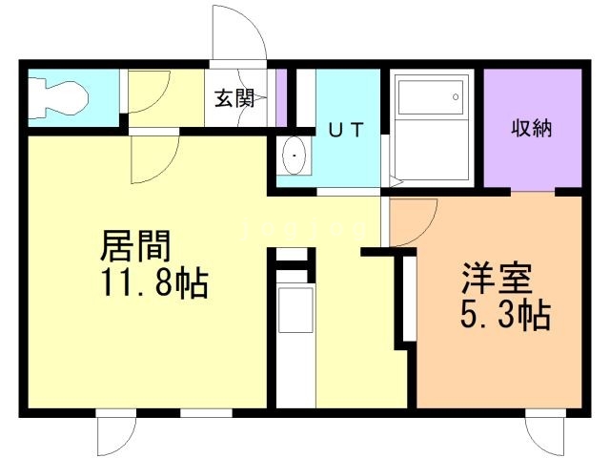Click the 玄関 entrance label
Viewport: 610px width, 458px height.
(x=235, y=98)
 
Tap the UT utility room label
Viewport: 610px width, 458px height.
(x=346, y=130)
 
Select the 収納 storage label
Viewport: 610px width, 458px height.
(x=532, y=128)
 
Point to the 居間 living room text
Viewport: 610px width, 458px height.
(x=135, y=246)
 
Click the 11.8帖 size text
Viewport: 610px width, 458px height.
(x=154, y=282)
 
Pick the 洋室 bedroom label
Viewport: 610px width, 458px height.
(x=498, y=279)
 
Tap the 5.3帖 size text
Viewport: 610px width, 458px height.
(x=505, y=314)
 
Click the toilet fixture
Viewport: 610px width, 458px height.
(x=57, y=98)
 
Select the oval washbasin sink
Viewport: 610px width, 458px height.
(x=295, y=156)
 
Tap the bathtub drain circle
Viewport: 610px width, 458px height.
(x=456, y=97)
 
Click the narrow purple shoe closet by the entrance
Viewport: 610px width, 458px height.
(x=281, y=97)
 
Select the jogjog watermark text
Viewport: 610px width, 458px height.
(x=303, y=230)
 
